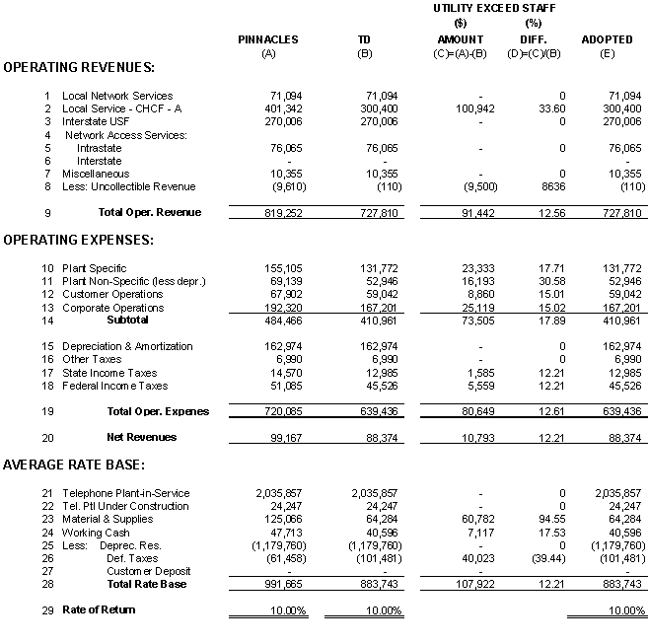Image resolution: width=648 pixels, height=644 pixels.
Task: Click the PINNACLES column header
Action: click(x=267, y=39)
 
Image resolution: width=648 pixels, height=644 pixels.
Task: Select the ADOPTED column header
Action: click(x=607, y=39)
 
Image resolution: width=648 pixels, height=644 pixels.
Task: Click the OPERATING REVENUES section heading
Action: click(x=79, y=67)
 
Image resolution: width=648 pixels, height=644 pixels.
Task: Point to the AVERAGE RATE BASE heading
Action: click(x=74, y=464)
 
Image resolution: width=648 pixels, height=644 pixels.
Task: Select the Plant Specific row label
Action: click(x=95, y=268)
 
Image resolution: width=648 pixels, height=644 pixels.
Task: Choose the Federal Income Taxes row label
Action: click(x=114, y=386)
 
